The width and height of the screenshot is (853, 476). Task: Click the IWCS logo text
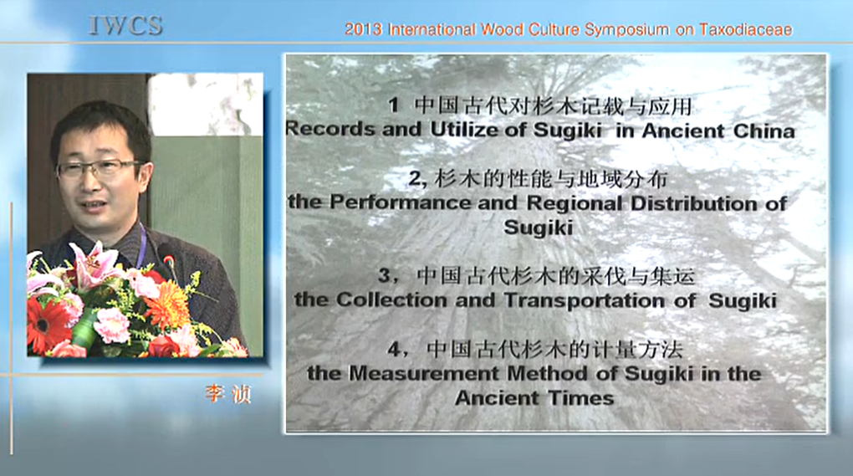pos(125,26)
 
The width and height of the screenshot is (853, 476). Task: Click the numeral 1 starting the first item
pos(394,105)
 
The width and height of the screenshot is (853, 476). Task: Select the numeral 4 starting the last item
pos(395,349)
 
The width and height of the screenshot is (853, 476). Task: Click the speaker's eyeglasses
pos(99,169)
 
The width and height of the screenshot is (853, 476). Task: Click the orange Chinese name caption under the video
pos(228,393)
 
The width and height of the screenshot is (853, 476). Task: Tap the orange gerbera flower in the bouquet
pos(167,305)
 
